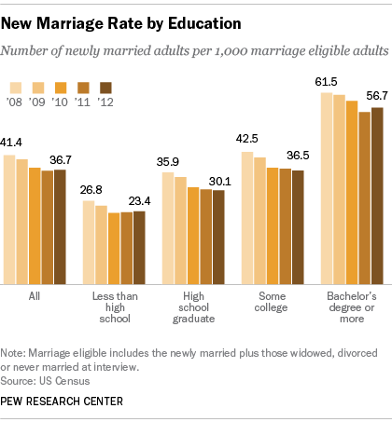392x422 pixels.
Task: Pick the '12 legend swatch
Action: click(105, 87)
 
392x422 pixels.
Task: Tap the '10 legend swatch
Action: click(59, 87)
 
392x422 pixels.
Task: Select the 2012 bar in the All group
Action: click(60, 227)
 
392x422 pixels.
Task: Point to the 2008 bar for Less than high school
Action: click(89, 242)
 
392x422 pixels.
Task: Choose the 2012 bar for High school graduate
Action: click(218, 238)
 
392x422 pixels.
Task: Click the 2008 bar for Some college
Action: click(247, 218)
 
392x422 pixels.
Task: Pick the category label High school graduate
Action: click(193, 307)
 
